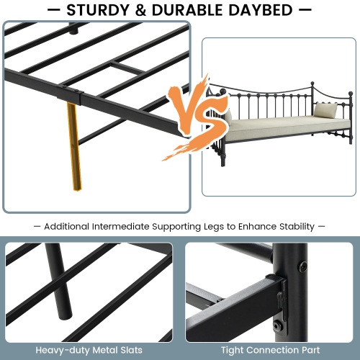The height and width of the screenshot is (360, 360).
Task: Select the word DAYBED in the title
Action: (x=256, y=10)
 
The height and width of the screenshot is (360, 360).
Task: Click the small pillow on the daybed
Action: (x=325, y=110)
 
